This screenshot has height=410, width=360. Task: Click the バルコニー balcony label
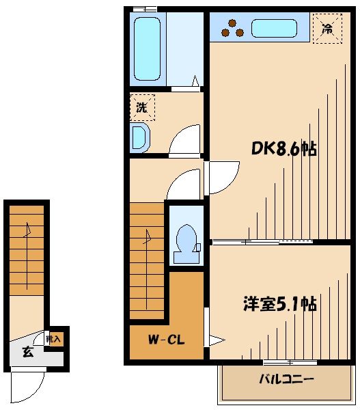pos(286,380)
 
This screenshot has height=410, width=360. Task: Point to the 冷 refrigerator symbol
pos(327,29)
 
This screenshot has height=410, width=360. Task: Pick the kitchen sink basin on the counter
pos(275,29)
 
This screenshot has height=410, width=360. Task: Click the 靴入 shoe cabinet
pos(54,338)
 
